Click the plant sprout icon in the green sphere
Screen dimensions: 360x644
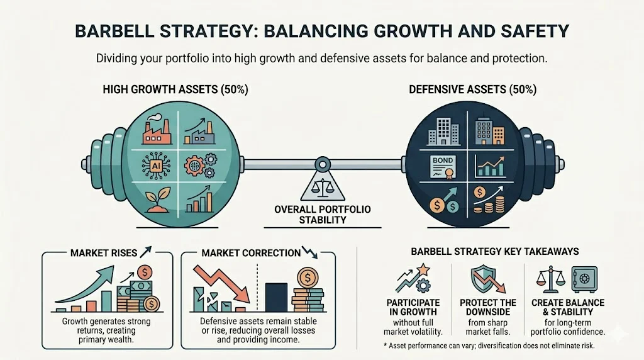point(155,200)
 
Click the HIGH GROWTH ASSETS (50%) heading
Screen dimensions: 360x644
point(175,90)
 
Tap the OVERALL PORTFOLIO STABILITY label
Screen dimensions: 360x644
point(322,215)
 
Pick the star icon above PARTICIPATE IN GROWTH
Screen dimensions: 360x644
point(424,269)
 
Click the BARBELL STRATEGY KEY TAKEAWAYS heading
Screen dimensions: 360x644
point(495,252)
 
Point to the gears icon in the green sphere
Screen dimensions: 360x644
point(199,165)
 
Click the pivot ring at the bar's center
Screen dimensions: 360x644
point(323,166)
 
